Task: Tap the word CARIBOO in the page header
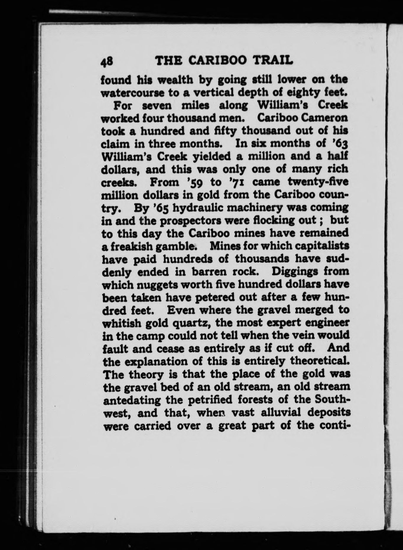click(x=218, y=61)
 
